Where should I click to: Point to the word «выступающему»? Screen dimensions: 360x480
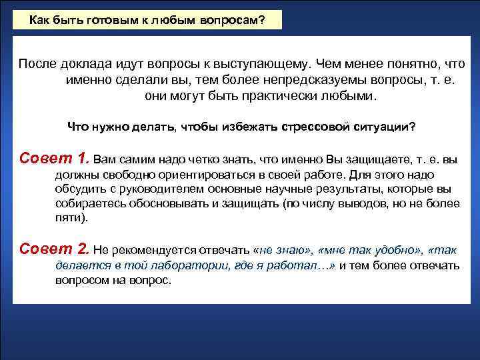(267, 63)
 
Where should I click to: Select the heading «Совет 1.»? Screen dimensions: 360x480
(55, 159)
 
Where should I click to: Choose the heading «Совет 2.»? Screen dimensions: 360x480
(55, 249)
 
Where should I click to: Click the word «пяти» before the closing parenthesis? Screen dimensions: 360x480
(67, 217)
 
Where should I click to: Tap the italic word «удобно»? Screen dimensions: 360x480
(399, 251)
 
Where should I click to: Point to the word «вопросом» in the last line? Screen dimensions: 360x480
(81, 280)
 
